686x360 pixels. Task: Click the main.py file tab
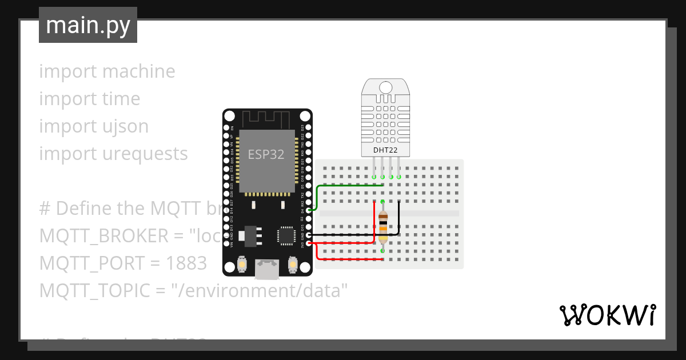click(88, 25)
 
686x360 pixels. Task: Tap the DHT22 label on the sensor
click(386, 150)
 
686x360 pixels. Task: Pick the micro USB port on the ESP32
click(268, 269)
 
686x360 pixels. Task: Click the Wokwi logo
click(607, 315)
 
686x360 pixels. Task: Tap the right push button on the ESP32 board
click(292, 265)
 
